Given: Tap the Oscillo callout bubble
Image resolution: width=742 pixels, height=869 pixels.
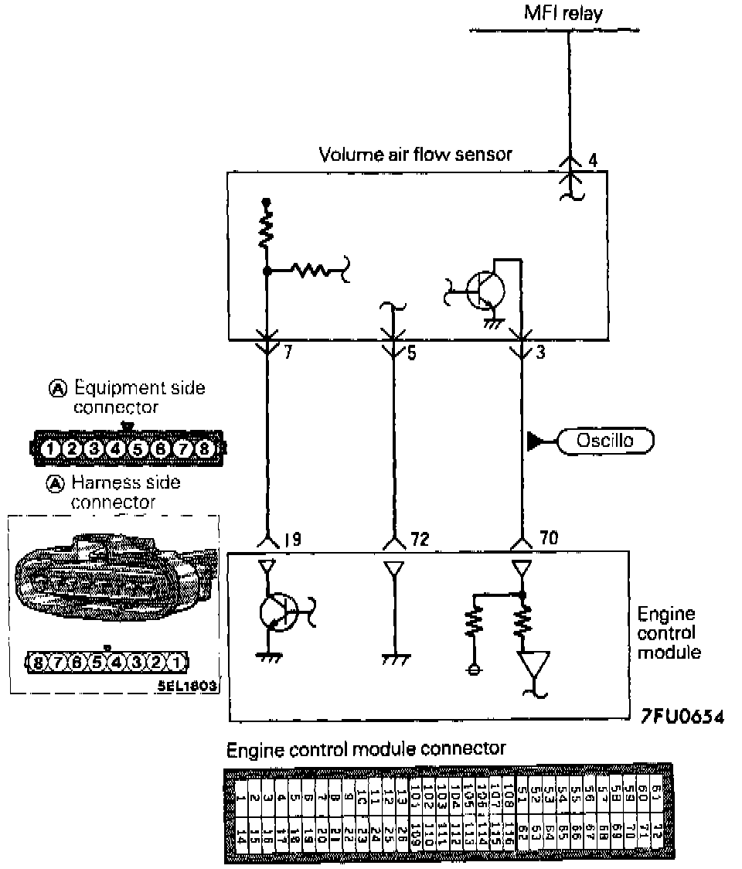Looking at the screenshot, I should point(605,441).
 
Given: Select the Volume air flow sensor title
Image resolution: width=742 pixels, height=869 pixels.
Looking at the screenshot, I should point(416,154).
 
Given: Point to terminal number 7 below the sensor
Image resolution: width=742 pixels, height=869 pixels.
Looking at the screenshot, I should point(287,354).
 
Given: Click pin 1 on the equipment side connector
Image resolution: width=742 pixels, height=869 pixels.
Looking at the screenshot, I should point(49,448).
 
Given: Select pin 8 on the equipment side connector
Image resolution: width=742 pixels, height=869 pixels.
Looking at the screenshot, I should point(205,448).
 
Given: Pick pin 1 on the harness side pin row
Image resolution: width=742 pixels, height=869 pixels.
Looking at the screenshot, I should point(177,662).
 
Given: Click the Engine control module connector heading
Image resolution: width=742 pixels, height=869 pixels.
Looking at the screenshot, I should point(366,748).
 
